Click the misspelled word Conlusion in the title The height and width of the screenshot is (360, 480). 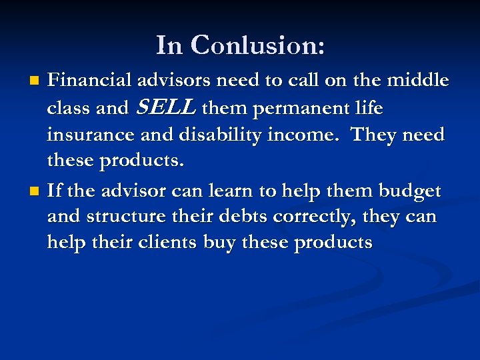[x=258, y=45]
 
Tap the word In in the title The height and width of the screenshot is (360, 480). [x=169, y=45]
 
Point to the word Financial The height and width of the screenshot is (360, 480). [x=90, y=81]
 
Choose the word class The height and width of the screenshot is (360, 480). [x=69, y=108]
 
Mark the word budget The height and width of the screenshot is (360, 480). [x=409, y=191]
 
